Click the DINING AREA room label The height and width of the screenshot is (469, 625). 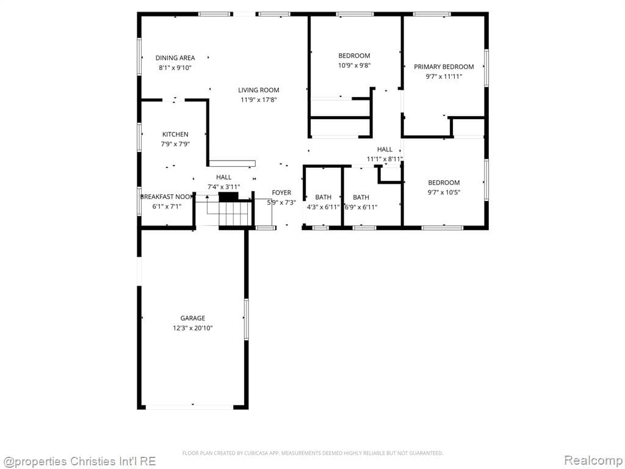click(x=175, y=58)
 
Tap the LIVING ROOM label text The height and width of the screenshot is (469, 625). click(x=259, y=90)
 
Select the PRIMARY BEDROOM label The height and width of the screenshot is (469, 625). click(x=444, y=67)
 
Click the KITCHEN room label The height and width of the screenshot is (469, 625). click(x=175, y=134)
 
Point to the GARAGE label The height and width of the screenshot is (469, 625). click(x=192, y=318)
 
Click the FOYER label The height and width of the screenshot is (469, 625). click(x=281, y=193)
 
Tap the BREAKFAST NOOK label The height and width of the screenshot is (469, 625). click(x=166, y=197)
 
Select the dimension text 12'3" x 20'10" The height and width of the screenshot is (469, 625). click(x=192, y=328)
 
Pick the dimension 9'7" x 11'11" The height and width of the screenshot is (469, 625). click(x=444, y=76)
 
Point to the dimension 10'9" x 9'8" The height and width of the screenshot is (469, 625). click(x=355, y=65)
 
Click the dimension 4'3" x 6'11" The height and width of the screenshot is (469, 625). click(x=323, y=207)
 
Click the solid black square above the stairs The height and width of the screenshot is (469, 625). click(x=228, y=197)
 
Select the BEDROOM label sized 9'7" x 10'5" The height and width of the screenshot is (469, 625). click(x=444, y=183)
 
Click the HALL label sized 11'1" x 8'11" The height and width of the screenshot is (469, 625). click(x=385, y=149)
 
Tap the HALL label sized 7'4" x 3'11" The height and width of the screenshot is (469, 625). click(x=223, y=177)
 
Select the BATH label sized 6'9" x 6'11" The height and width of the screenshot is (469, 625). click(x=361, y=197)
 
